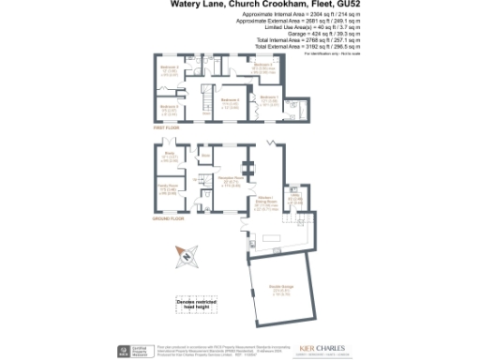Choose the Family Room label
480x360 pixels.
click(169, 187)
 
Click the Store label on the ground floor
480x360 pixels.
click(205, 156)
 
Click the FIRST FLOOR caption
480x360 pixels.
click(166, 127)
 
